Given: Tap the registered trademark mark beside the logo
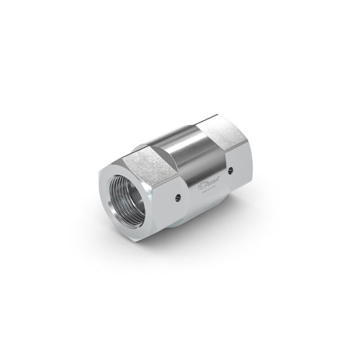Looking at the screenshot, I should pyautogui.click(x=221, y=175).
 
